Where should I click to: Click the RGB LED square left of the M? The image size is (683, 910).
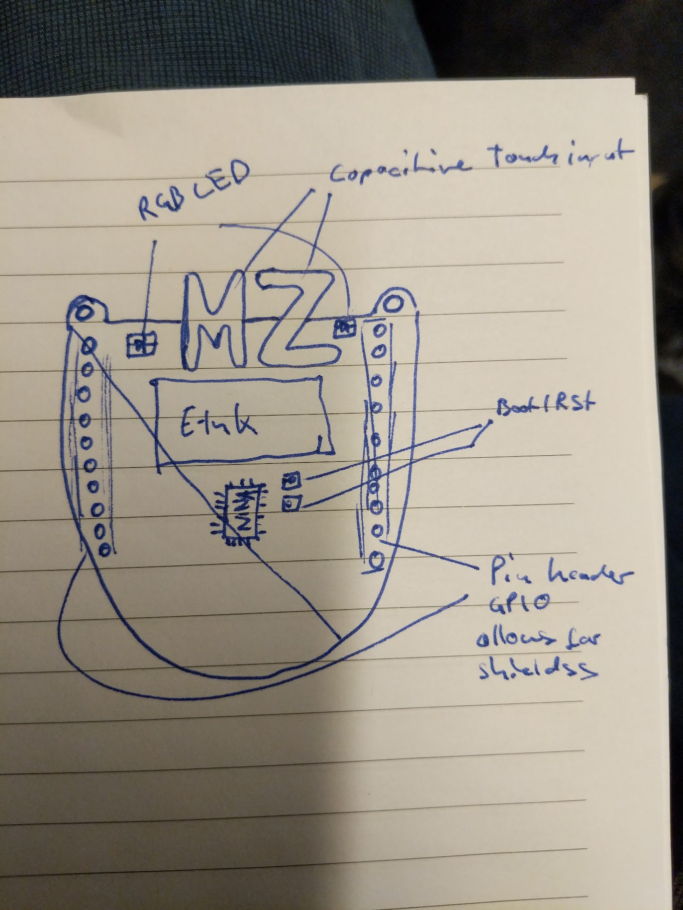tap(141, 343)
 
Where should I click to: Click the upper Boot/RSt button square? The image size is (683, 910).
tap(292, 480)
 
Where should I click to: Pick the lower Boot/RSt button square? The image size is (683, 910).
tap(291, 505)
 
